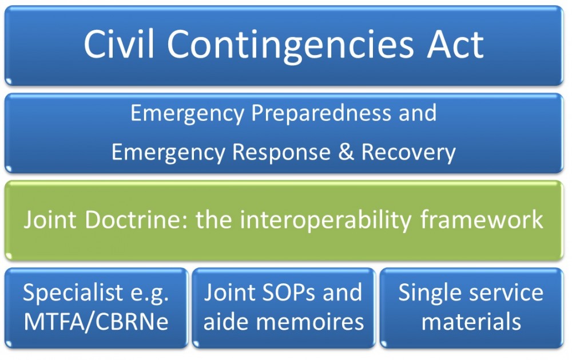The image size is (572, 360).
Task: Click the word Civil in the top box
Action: [x=119, y=44]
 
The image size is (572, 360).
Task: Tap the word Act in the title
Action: [x=456, y=45]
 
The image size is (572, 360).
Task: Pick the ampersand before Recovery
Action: [x=346, y=152]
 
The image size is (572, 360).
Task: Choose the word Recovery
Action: [x=408, y=152]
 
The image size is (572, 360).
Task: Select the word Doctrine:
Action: [x=137, y=220]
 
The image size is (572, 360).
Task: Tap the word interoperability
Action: [x=325, y=221]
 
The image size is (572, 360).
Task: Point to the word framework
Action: [x=482, y=220]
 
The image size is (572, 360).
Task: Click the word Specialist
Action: [x=73, y=293]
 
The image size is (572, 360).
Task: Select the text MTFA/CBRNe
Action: [x=96, y=322]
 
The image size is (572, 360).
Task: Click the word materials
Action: [x=471, y=322]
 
